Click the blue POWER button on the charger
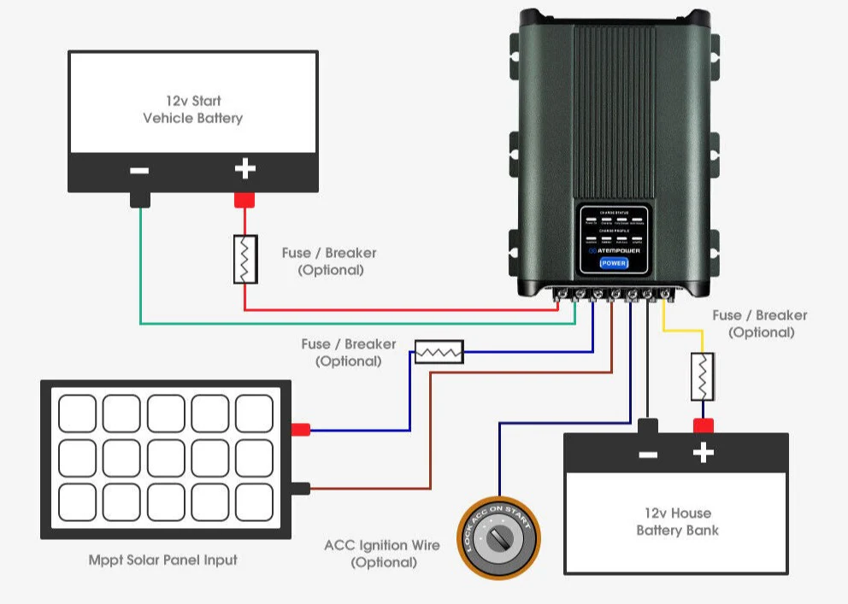(x=614, y=263)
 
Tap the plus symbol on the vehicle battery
(x=245, y=169)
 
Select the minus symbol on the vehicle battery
(x=139, y=170)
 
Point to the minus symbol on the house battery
(x=648, y=454)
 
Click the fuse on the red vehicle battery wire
(x=245, y=259)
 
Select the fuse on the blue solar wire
(x=439, y=351)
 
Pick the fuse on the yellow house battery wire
(x=703, y=375)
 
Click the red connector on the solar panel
(x=300, y=430)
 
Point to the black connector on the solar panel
(x=300, y=489)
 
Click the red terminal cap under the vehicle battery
(x=245, y=200)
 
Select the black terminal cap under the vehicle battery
(x=139, y=200)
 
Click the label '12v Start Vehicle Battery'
(x=192, y=109)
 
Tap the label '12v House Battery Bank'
(x=677, y=521)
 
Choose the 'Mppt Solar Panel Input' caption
(x=163, y=560)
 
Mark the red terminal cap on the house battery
(x=703, y=425)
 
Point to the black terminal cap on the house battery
(x=648, y=425)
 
